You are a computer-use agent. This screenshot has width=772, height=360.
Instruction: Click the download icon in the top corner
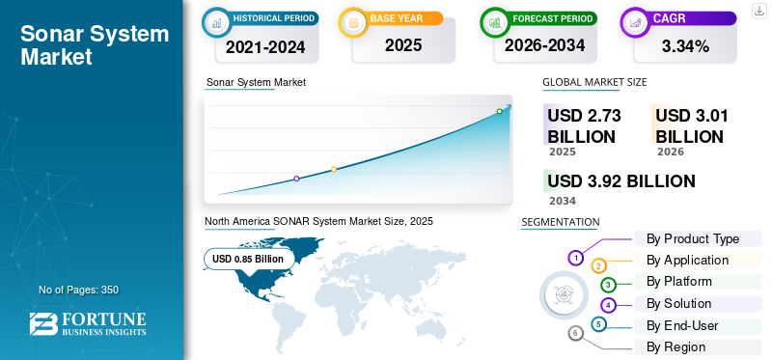pos(759,11)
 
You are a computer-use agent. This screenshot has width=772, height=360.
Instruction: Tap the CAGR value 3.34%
pos(685,46)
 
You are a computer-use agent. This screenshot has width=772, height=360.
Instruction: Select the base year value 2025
pos(403,45)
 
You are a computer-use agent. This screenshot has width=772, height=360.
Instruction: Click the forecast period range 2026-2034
pos(544,45)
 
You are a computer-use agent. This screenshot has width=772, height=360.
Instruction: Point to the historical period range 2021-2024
pos(265,47)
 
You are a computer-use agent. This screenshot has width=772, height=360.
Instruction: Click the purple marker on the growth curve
pos(296,179)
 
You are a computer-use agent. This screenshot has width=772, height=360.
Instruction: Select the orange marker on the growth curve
pos(334,170)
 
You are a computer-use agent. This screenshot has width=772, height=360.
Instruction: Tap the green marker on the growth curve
pos(499,111)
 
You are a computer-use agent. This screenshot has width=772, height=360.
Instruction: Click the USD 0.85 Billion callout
pos(248,259)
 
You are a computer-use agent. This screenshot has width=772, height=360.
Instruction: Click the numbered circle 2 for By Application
pos(598,266)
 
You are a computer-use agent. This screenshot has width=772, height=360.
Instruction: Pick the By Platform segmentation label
pos(679,281)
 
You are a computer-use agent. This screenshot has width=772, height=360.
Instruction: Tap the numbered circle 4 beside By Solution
pos(609,305)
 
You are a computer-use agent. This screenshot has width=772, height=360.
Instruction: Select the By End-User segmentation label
pos(682,325)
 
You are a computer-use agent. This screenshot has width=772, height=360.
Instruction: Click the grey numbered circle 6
pos(575,334)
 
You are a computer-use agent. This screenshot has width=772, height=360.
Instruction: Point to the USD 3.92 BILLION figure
pos(621,181)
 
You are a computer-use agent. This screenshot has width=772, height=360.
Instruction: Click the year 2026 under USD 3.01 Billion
pos(670,152)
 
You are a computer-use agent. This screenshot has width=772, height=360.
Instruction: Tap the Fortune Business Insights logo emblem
pos(43,324)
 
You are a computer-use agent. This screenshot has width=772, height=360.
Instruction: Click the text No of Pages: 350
pos(79,290)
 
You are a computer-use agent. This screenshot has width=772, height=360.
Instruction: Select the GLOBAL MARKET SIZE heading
pos(594,82)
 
